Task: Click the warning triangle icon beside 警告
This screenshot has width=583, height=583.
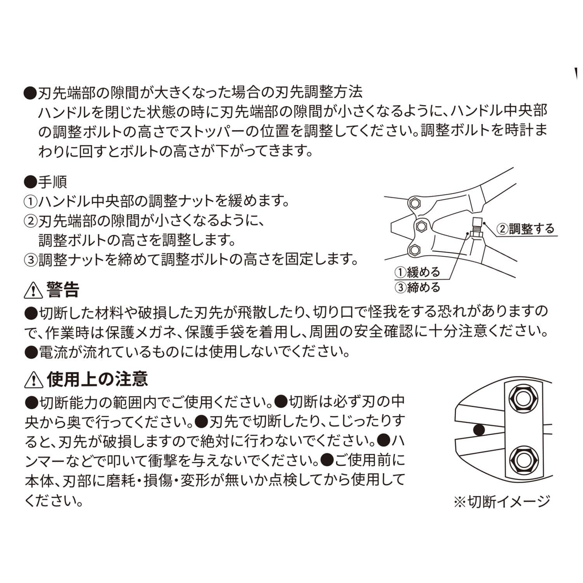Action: click(34, 290)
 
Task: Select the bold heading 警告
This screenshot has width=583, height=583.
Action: click(63, 290)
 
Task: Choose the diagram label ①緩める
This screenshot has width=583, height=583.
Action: click(417, 272)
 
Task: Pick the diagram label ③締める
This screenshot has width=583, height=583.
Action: click(417, 288)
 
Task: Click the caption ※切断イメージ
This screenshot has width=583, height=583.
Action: click(502, 502)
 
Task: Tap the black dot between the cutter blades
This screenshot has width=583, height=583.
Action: click(480, 430)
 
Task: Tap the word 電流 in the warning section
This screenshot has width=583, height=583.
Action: click(52, 352)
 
